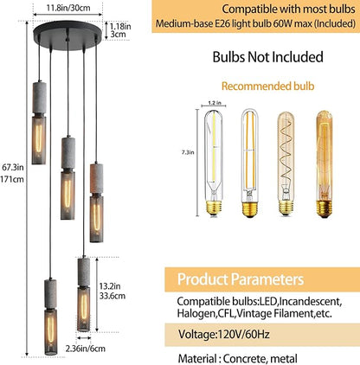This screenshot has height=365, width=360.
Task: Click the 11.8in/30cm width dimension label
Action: (68, 8)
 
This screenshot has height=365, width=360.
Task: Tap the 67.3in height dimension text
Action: (13, 167)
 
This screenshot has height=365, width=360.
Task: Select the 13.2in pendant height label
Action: (110, 286)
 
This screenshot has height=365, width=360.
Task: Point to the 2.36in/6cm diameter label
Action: (86, 349)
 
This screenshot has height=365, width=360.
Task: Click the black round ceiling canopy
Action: (68, 35)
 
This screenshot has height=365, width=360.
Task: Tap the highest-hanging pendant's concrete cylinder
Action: (39, 98)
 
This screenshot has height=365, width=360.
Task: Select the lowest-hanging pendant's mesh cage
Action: (51, 331)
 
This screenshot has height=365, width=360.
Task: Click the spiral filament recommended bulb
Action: (286, 163)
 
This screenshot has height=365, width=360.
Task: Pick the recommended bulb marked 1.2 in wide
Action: (214, 163)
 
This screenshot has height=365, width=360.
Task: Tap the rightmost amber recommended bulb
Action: (325, 163)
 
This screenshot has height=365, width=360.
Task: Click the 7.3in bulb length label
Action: (188, 152)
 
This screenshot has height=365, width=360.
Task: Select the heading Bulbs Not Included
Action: (267, 57)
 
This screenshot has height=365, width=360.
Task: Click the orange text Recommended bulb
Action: (267, 86)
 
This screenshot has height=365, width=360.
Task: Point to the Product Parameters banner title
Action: (241, 279)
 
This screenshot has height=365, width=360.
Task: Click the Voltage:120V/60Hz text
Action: (224, 335)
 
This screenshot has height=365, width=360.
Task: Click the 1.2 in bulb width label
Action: (215, 103)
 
